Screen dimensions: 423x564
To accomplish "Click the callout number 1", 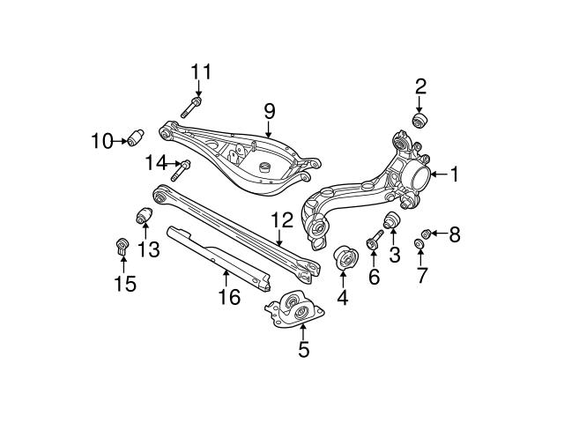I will [454, 175].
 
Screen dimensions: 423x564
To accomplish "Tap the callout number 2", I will [420, 85].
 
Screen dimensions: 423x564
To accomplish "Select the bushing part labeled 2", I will [421, 120].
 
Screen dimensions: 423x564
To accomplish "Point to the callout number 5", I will [303, 350].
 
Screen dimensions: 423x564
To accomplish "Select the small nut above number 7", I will [420, 244].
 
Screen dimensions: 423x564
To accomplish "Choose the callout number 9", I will [269, 111].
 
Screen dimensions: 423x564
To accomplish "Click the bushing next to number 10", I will [136, 138].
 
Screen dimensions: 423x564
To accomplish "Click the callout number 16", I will [228, 297].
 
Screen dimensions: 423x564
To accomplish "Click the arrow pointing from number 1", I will [436, 175].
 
